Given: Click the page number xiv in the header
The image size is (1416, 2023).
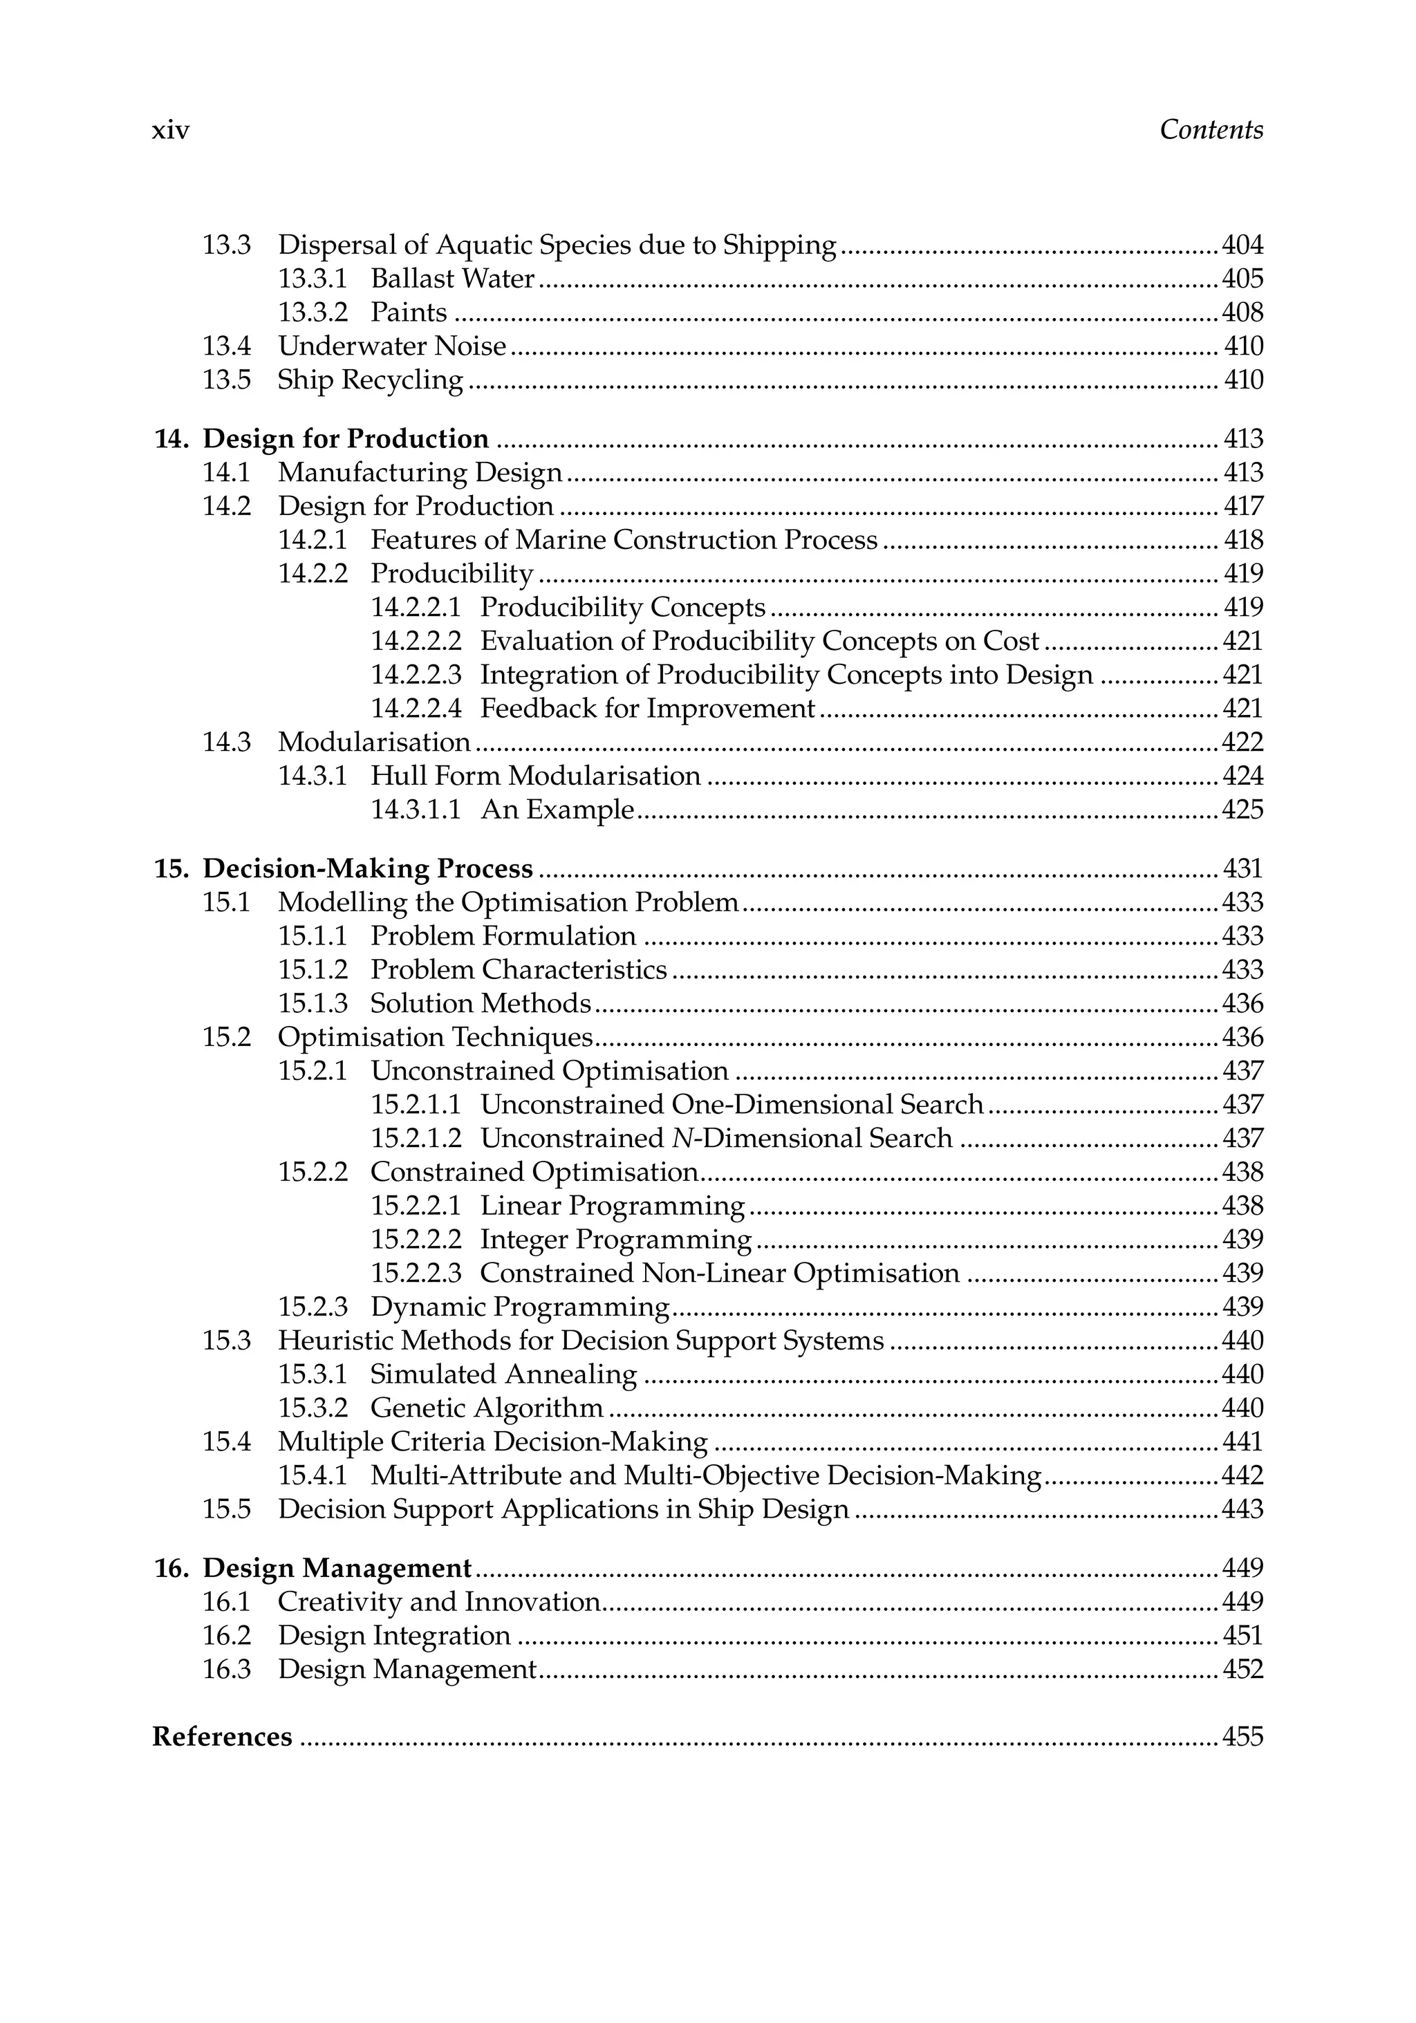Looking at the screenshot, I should point(171,131).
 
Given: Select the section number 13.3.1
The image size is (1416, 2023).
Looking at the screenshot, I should point(313,279).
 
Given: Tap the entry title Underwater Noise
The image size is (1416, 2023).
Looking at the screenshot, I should point(392,346).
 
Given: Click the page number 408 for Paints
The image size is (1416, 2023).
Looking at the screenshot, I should point(1242,313).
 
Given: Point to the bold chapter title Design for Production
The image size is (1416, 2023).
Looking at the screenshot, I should point(346,439).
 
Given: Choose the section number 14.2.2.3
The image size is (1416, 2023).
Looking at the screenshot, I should point(416,675).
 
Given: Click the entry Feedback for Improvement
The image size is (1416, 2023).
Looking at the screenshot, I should point(648,709).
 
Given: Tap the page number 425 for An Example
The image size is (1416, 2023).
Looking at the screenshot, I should point(1242,810).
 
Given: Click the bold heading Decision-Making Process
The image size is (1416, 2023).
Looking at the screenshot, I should point(367,869).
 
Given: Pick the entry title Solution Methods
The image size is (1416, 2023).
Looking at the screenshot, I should point(481,1004).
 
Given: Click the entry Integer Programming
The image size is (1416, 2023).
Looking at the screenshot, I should point(616,1240).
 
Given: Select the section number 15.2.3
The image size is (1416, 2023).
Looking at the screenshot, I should point(313,1307).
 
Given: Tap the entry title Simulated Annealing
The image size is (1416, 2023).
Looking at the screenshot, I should point(503,1374).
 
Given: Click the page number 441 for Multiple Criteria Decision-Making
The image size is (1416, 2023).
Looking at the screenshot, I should point(1242,1442).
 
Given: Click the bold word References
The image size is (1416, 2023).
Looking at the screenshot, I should point(222,1737).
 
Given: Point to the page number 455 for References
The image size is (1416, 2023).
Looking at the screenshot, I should point(1242,1737).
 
